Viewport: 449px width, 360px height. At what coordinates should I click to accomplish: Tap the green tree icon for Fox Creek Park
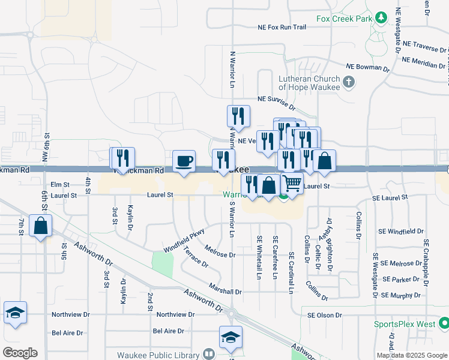380,18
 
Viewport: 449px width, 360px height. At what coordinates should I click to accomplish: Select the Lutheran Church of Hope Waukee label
309,82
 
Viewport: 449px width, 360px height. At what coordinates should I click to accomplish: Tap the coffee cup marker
184,161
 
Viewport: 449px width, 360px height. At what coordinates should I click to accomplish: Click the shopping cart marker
292,184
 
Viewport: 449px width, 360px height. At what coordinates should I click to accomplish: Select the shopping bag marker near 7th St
40,226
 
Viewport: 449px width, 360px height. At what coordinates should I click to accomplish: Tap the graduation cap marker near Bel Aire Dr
231,337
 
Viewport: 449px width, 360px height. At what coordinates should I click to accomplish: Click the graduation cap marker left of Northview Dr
16,313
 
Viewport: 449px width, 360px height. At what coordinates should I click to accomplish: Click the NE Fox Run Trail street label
282,27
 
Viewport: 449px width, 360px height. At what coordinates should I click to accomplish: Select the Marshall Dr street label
225,292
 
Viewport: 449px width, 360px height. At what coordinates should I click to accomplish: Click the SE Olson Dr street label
324,315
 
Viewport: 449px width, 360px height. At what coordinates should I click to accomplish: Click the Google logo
19,353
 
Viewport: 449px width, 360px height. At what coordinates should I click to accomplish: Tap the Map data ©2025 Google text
411,355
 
